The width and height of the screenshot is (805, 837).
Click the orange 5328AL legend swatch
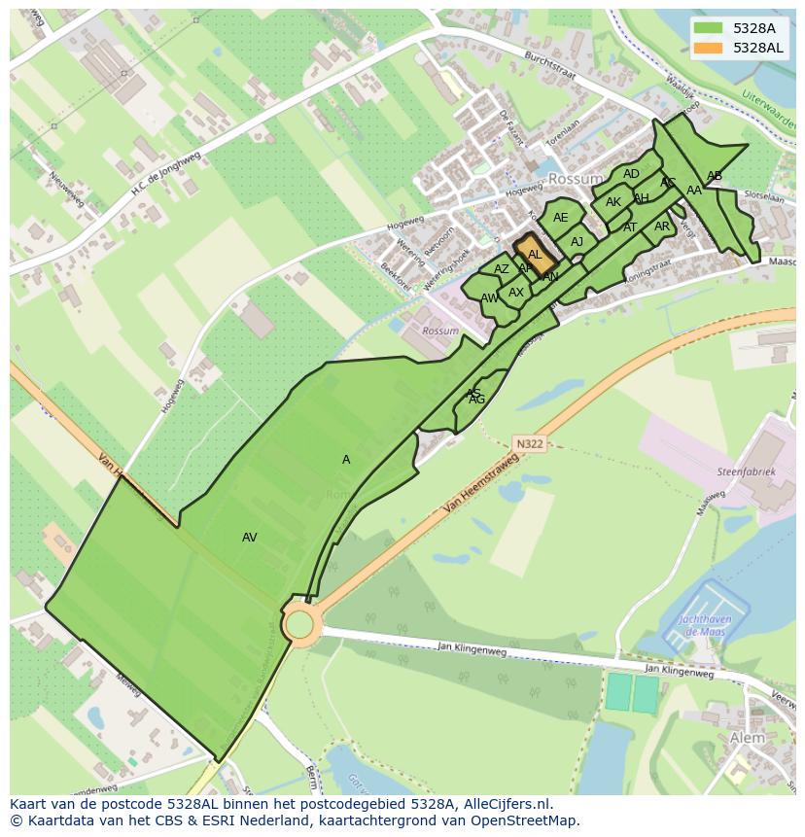(x=708, y=48)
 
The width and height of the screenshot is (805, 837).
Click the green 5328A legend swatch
(x=708, y=28)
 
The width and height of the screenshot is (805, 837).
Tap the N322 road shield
(x=530, y=443)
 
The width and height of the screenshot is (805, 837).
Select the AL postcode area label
(x=535, y=255)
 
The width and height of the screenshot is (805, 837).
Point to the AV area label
(x=250, y=537)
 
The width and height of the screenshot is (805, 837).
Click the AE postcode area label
(x=561, y=218)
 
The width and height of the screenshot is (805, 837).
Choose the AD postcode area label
(x=632, y=174)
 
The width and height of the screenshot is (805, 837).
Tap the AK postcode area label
(x=613, y=202)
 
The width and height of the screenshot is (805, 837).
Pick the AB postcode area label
(x=715, y=176)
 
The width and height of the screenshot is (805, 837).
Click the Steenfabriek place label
(x=747, y=471)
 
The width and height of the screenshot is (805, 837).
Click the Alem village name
(x=747, y=739)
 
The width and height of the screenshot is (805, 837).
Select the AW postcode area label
(x=489, y=298)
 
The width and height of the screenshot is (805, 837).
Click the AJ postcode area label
(x=577, y=242)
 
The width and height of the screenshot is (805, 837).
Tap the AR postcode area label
(x=662, y=227)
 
